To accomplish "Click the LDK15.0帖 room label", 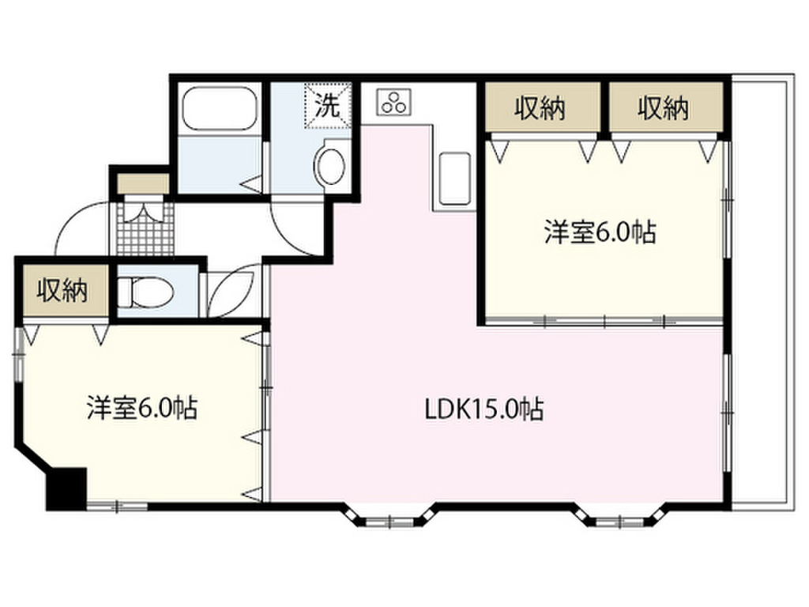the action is [x=484, y=409].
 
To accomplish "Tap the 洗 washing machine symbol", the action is [x=328, y=105].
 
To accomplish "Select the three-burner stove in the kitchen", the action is [x=395, y=102].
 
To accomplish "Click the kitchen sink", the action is [x=454, y=179].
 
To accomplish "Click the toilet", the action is [x=145, y=292].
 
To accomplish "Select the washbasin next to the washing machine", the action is [x=330, y=166].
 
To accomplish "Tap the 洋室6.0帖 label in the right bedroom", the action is [x=600, y=232].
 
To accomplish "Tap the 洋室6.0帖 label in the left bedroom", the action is [x=141, y=408].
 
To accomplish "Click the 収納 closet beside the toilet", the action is [x=62, y=290].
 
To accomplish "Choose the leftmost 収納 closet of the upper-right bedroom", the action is [x=541, y=107].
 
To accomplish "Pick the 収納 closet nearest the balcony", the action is [x=665, y=107].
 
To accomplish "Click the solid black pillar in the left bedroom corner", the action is [x=66, y=488].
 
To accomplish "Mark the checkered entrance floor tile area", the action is [x=145, y=228].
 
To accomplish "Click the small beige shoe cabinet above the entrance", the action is [x=143, y=183].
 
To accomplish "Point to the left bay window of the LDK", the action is [x=391, y=517].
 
